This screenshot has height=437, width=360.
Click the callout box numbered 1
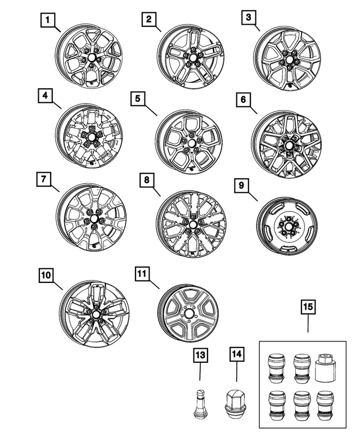tap(49, 21)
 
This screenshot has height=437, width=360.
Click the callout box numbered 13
tap(200, 355)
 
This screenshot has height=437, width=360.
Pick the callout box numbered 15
tap(308, 308)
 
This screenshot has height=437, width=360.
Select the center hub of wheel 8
tap(193, 225)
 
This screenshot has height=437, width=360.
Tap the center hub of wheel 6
tap(289, 143)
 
